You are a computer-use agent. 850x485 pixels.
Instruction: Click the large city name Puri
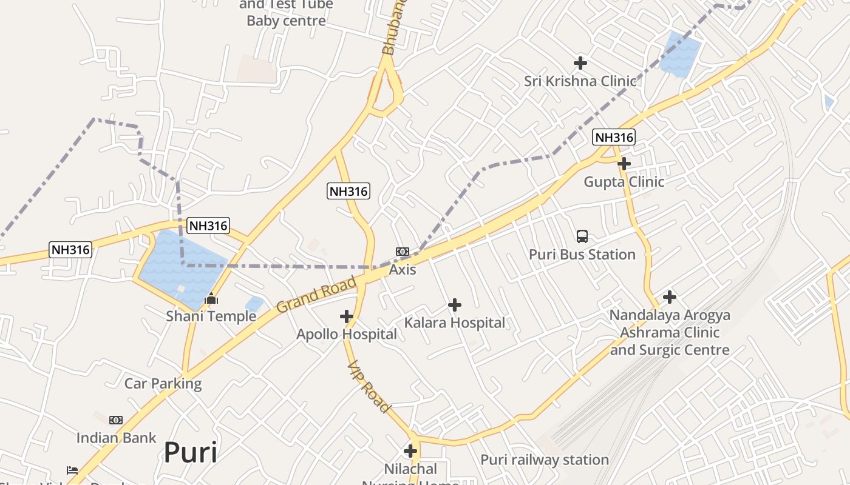(190, 452)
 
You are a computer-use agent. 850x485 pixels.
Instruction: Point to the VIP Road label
(368, 387)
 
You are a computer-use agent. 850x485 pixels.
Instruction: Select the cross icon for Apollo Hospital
(347, 316)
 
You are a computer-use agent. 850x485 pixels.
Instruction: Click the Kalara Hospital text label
(455, 323)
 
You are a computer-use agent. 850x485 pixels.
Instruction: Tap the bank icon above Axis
(403, 252)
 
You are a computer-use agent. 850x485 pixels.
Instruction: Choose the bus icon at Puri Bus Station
(582, 236)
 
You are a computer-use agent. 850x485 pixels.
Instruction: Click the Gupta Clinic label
(624, 182)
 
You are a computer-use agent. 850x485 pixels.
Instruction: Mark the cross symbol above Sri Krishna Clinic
(580, 62)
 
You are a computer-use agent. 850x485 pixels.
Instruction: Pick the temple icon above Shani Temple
(211, 298)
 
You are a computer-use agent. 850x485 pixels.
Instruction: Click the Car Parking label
(163, 383)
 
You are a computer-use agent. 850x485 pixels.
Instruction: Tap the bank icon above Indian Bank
(116, 420)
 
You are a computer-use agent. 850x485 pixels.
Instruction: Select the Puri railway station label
(545, 460)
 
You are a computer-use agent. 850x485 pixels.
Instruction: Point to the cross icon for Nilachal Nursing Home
(410, 451)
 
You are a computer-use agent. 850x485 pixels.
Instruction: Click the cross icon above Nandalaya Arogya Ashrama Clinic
(670, 297)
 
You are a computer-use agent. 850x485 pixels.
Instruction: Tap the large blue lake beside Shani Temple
(176, 267)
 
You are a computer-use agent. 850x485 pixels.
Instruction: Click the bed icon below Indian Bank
(72, 470)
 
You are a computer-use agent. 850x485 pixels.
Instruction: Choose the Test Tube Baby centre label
(286, 13)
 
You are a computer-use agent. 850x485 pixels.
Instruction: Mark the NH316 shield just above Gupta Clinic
(613, 138)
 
